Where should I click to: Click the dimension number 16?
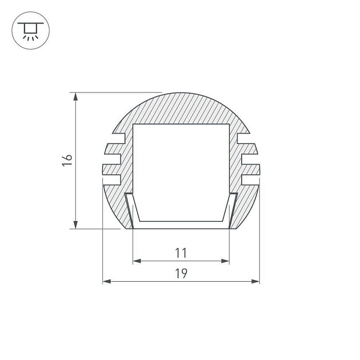[x=67, y=160]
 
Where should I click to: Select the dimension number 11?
[x=181, y=253]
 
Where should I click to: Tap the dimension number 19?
[x=181, y=273]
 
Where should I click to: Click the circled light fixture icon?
[x=30, y=30]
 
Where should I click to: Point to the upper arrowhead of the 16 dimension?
[x=75, y=97]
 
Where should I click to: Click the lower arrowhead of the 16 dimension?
[x=75, y=225]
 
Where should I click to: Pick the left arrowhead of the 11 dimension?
[x=137, y=261]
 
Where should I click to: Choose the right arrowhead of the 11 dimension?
[x=225, y=261]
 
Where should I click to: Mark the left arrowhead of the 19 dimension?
[x=106, y=281]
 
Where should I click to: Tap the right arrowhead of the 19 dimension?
[x=255, y=281]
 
